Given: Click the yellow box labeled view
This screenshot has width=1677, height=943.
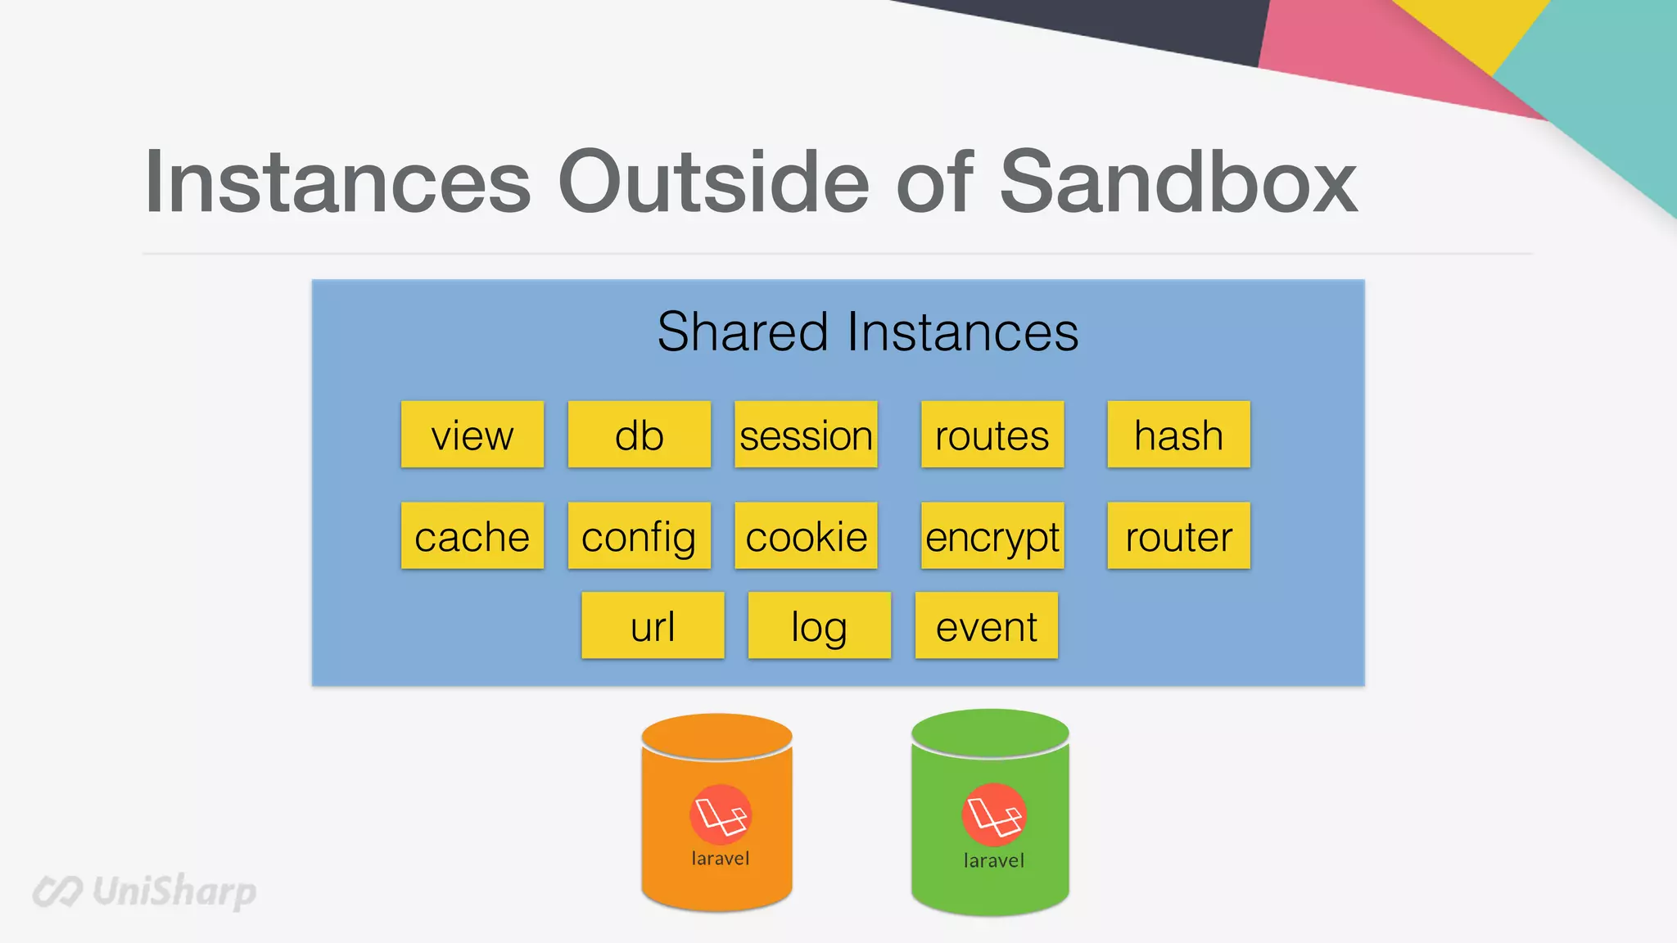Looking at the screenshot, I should tap(472, 435).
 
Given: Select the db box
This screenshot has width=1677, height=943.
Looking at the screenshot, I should tap(640, 435).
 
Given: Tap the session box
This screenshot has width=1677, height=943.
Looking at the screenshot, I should tap(806, 435).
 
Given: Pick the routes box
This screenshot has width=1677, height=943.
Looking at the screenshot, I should tap(992, 435).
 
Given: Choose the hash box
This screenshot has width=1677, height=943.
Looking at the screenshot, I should tap(1178, 435).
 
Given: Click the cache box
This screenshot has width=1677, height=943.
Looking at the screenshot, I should tap(472, 536).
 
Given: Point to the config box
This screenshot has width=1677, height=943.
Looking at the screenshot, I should tap(640, 536).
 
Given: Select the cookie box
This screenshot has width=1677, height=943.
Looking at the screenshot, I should tap(806, 536).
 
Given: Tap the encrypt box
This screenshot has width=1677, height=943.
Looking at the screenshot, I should tap(992, 536).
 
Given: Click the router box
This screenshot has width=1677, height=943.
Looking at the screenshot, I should tap(1178, 536).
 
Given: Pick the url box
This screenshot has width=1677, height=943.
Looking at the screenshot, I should tap(653, 626).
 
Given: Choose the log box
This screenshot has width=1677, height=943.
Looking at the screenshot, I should tap(820, 626).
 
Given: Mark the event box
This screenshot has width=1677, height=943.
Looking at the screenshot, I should tap(987, 626).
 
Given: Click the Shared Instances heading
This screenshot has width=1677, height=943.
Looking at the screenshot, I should tap(868, 332).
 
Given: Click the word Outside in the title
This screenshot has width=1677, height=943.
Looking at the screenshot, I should tap(712, 182).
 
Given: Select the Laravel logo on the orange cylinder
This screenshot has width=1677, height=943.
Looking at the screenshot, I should tap(721, 814).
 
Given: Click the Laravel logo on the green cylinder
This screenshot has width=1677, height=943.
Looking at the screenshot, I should tap(993, 814).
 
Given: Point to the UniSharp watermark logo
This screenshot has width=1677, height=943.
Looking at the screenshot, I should tap(145, 891).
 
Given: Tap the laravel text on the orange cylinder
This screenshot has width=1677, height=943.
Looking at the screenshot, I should tap(721, 859).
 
